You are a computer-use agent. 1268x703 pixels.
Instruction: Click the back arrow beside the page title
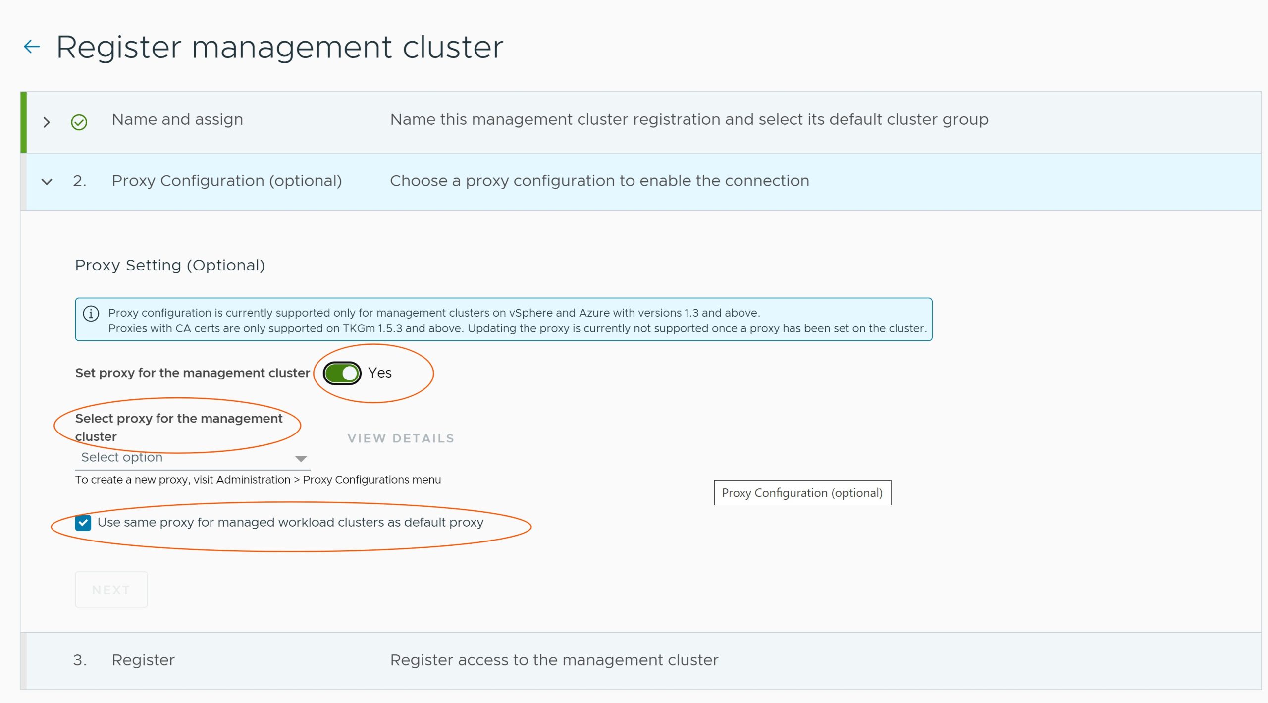coord(32,47)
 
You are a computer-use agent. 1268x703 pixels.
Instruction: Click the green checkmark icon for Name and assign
coord(79,122)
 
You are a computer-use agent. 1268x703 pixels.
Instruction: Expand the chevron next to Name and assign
coord(47,122)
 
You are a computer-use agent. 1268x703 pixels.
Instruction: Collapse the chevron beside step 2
coord(47,182)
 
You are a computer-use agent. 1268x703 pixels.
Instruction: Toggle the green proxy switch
coord(342,373)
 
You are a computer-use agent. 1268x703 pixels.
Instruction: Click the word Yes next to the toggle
coord(380,373)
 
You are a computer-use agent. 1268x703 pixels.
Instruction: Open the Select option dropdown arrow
coord(301,459)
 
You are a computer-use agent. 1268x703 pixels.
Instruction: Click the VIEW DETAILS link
coord(401,438)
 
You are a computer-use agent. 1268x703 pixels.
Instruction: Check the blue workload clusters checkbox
coord(83,523)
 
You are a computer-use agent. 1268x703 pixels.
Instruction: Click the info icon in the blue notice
coord(91,314)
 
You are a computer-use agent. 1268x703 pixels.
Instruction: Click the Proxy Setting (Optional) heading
coord(170,265)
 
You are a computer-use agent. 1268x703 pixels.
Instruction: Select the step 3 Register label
coord(143,660)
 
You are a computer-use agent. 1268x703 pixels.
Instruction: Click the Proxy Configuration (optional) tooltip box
coord(802,493)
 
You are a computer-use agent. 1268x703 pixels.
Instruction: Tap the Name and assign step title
coord(177,119)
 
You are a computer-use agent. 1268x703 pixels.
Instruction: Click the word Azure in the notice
coord(594,313)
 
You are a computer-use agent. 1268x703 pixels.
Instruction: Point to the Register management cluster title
coord(279,47)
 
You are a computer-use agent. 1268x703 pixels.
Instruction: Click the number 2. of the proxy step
coord(79,181)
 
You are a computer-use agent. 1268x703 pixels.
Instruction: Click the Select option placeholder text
coord(122,457)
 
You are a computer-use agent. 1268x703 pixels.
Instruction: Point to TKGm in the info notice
coord(359,328)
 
